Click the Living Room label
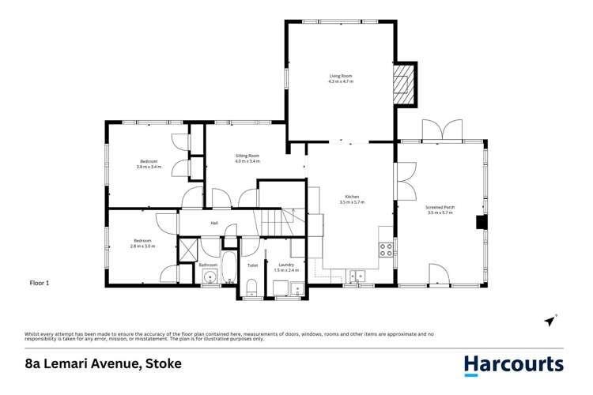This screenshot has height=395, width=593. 342,76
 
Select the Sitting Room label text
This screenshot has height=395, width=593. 247,156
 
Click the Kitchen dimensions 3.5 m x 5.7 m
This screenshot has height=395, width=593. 352,202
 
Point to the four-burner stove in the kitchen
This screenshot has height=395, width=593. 387,250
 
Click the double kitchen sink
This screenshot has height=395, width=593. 357,276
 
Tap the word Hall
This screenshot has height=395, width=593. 214,224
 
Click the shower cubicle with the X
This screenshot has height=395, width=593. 188,250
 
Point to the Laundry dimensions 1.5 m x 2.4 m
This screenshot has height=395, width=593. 286,270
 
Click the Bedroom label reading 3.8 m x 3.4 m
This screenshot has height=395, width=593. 149,167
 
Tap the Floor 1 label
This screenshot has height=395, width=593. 40,282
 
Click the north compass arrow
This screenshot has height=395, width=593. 550,321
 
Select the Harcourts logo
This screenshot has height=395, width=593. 513,364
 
